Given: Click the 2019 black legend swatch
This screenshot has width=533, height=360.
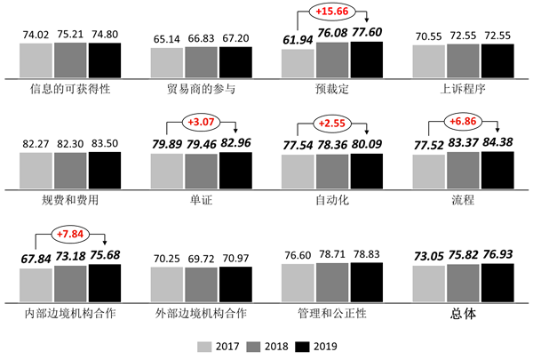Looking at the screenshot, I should (x=302, y=346).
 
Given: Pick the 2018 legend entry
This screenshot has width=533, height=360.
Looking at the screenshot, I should (x=258, y=346).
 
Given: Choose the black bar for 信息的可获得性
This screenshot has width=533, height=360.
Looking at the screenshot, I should (x=105, y=60).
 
